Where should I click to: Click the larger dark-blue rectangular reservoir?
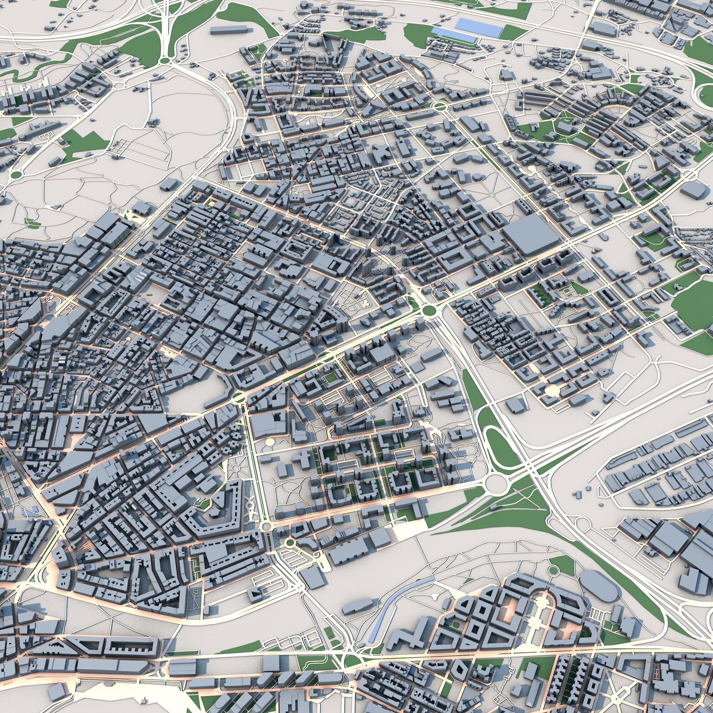coord(479,27)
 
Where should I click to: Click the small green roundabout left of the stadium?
coord(553,570)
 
